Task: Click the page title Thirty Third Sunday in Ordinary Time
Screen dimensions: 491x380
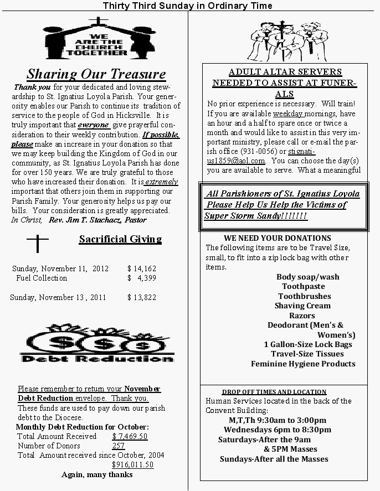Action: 188,6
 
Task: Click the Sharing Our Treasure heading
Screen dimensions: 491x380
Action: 96,74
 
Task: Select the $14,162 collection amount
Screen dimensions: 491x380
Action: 142,268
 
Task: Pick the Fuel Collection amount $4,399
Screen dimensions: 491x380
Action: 142,278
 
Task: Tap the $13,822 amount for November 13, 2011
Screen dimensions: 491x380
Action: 142,297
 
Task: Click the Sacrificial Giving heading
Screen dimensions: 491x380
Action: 120,239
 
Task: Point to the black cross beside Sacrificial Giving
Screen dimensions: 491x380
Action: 37,244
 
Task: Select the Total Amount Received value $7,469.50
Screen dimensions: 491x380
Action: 130,437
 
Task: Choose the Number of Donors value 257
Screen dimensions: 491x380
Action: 119,446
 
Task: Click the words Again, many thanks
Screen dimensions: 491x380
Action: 97,474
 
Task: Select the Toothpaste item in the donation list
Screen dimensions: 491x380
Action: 304,287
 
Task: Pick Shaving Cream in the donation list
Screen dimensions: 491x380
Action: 302,306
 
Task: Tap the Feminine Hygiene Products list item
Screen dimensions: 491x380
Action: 303,364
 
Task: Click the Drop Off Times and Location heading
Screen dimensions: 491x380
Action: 274,392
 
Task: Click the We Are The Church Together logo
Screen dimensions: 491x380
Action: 97,38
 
